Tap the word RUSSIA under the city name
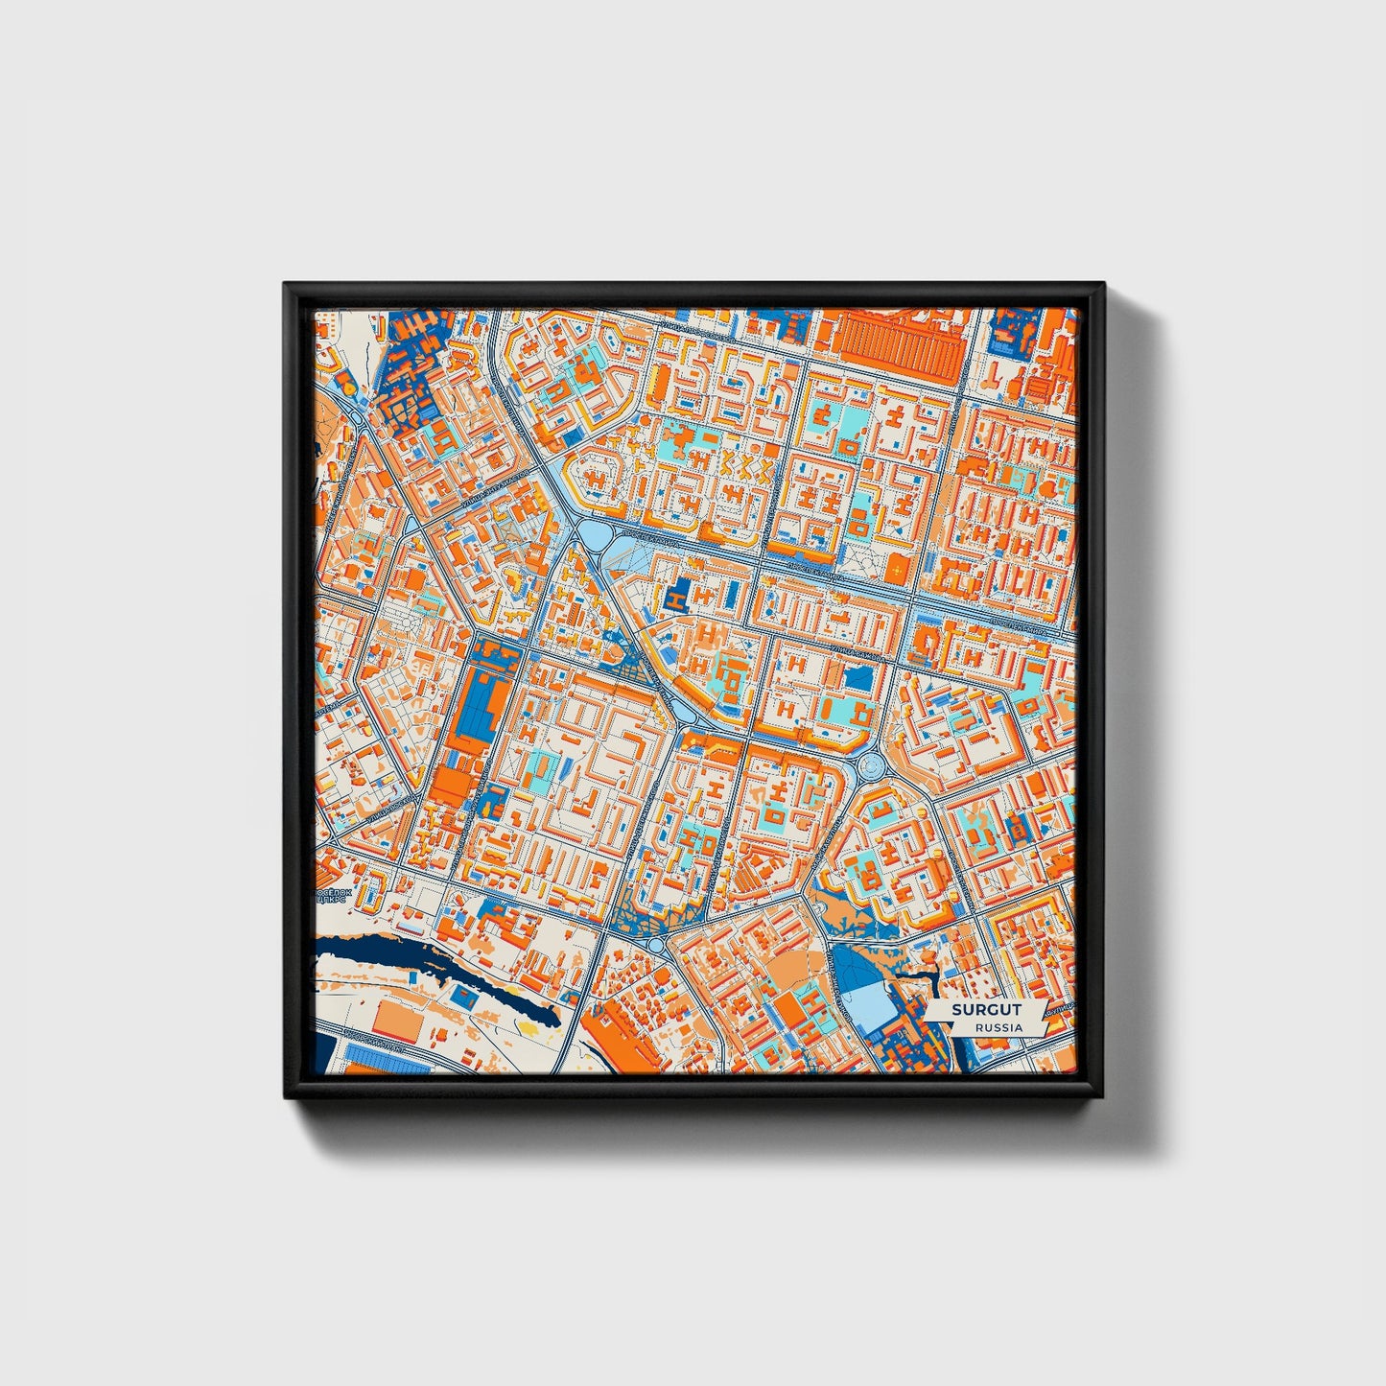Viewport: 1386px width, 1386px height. (x=998, y=1027)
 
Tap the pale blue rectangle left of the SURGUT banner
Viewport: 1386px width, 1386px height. (x=868, y=1002)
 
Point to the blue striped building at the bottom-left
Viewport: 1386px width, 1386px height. (x=384, y=1061)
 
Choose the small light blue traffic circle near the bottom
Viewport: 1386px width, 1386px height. (x=656, y=944)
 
